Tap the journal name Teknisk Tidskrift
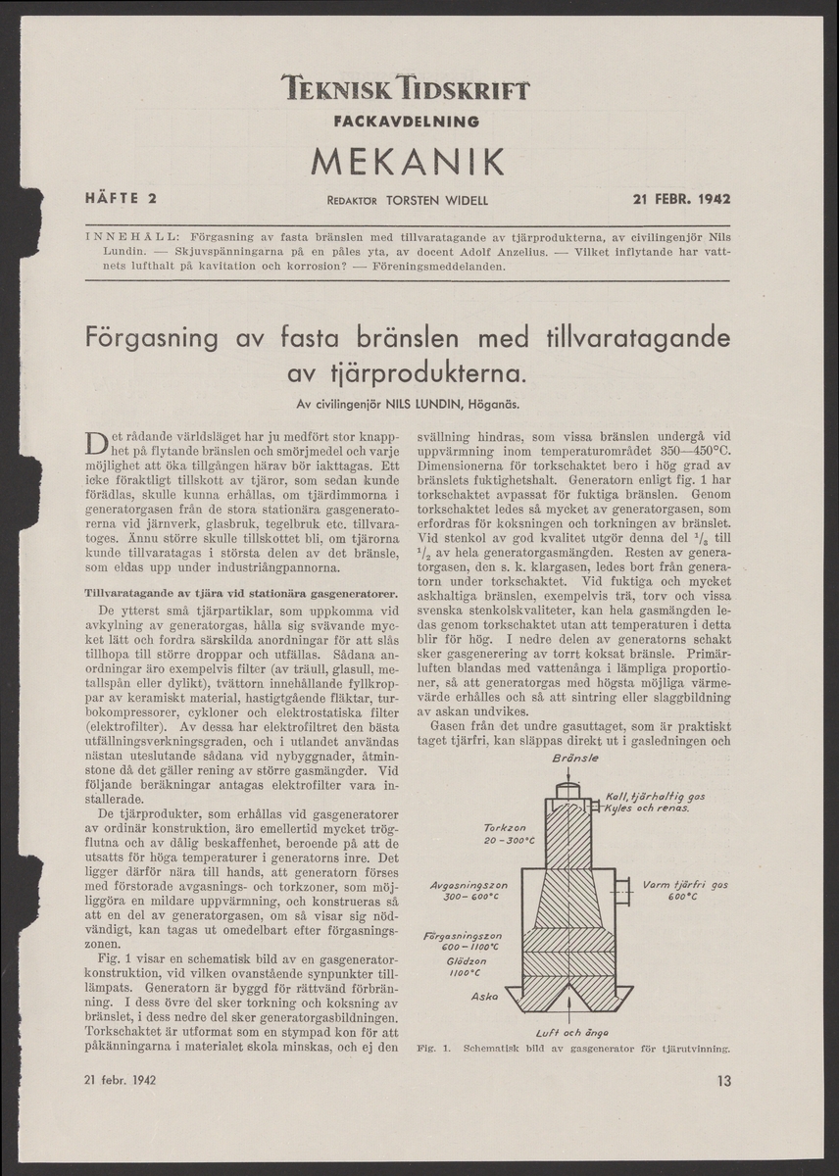(406, 91)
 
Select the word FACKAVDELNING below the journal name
(406, 122)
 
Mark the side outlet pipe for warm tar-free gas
(622, 889)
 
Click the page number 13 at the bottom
(723, 1082)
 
